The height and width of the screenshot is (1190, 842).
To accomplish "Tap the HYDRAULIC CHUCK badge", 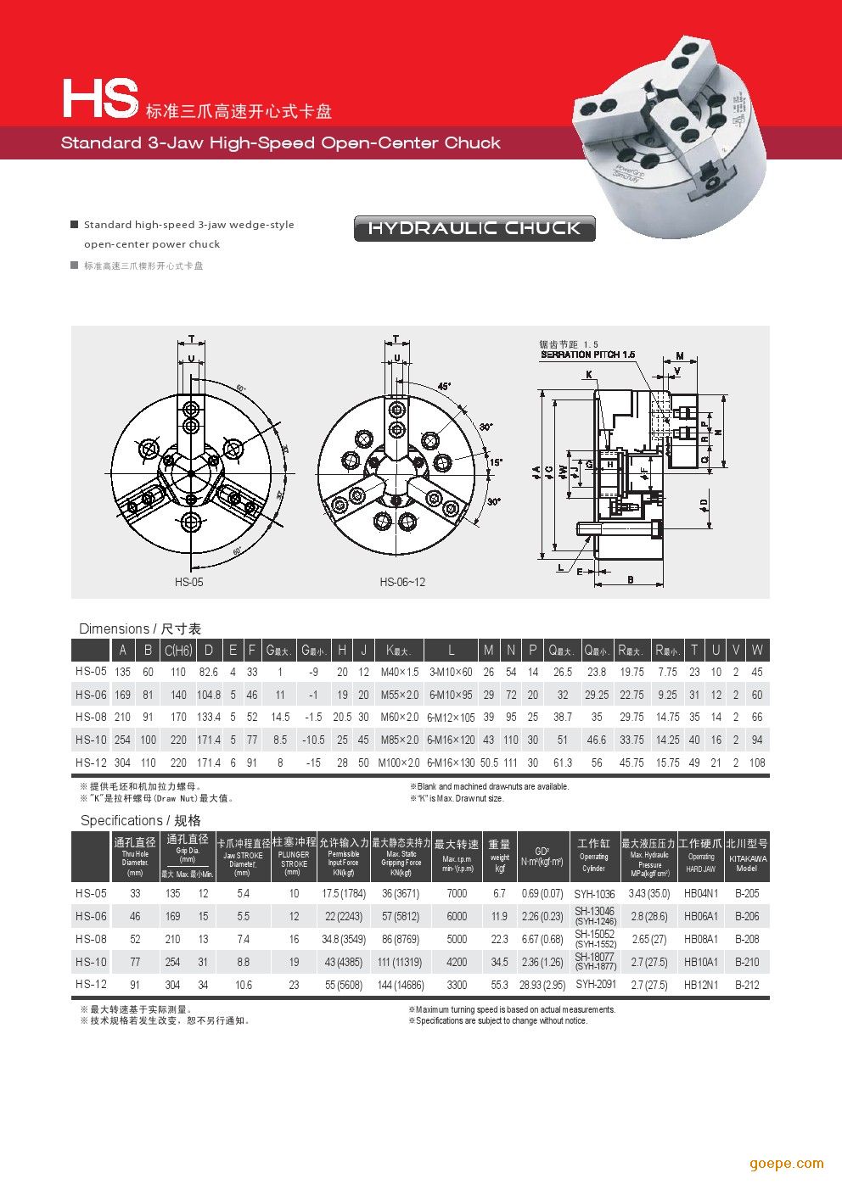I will (x=474, y=228).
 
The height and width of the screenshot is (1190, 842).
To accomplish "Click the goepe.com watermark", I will (x=786, y=1163).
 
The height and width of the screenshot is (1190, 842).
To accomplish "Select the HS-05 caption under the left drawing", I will (x=189, y=582).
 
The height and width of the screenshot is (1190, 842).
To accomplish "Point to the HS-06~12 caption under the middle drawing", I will (x=402, y=582).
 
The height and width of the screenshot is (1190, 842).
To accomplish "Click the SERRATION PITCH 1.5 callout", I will (x=587, y=355).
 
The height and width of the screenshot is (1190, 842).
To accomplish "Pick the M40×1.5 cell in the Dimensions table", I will (x=400, y=672).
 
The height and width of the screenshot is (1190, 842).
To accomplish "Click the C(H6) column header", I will (x=178, y=651).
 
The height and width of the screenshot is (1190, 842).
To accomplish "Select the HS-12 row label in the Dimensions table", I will (x=91, y=763).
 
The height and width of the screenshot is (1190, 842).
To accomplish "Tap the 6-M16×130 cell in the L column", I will (x=451, y=763).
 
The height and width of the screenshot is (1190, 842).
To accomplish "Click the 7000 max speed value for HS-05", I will (x=457, y=893).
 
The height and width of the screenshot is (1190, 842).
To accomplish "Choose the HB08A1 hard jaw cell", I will (x=701, y=939).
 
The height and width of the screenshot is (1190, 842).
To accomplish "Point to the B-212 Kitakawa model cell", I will (x=747, y=985).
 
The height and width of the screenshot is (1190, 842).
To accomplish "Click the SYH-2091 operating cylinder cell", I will (x=595, y=985).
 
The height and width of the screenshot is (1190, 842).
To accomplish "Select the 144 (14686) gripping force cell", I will (x=401, y=985).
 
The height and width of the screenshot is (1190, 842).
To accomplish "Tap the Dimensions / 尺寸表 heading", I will (x=140, y=629).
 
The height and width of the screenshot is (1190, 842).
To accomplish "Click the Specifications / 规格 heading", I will (x=141, y=820).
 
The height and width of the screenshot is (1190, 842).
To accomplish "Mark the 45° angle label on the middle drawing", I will (x=444, y=386).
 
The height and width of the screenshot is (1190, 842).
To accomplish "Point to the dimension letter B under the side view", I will (x=631, y=579).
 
